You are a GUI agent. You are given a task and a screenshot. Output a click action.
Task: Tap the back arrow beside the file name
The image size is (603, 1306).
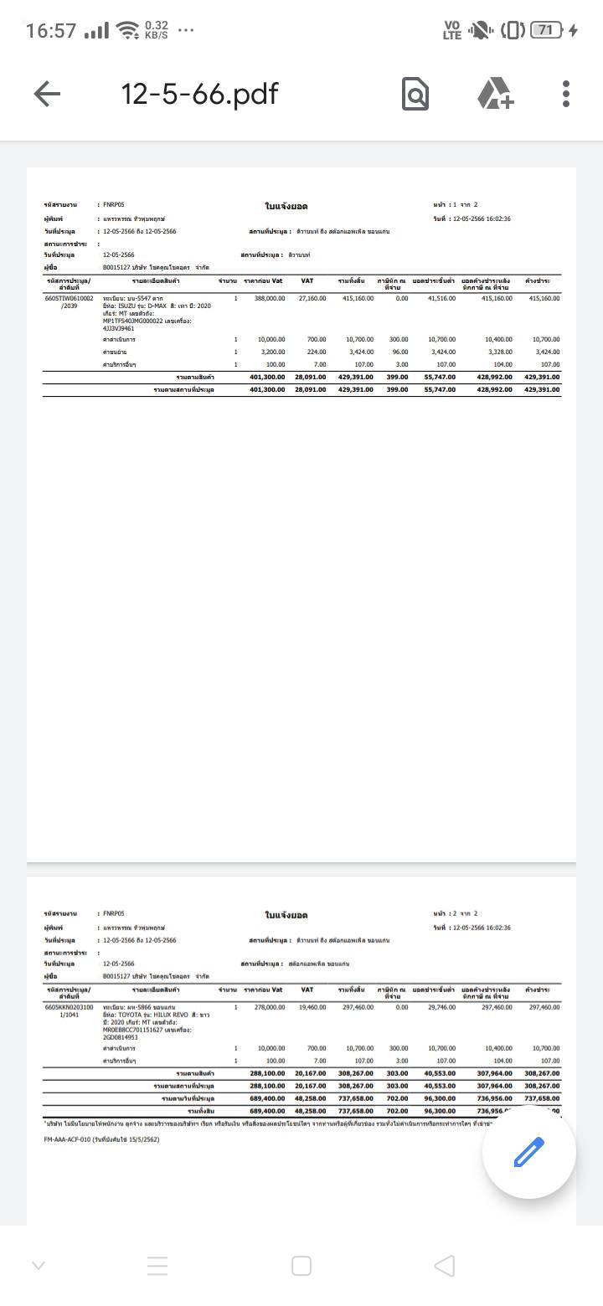point(47,94)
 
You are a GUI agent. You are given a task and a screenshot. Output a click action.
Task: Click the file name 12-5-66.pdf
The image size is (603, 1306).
point(199,94)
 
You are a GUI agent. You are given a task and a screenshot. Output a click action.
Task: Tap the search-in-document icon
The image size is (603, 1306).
point(415,94)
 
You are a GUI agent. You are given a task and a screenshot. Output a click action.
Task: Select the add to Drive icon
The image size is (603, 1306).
point(496,94)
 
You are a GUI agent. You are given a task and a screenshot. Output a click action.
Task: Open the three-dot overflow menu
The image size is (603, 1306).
point(566,94)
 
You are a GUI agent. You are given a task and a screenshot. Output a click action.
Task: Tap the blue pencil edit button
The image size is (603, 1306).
point(528,1153)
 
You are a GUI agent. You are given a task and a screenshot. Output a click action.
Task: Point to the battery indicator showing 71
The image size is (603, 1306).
point(546,30)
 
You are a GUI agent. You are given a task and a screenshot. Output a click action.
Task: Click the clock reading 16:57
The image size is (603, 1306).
point(51,31)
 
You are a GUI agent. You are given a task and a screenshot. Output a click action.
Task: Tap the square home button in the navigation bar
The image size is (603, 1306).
point(301,1266)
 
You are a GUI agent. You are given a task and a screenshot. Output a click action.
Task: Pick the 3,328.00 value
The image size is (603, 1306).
point(498,352)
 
